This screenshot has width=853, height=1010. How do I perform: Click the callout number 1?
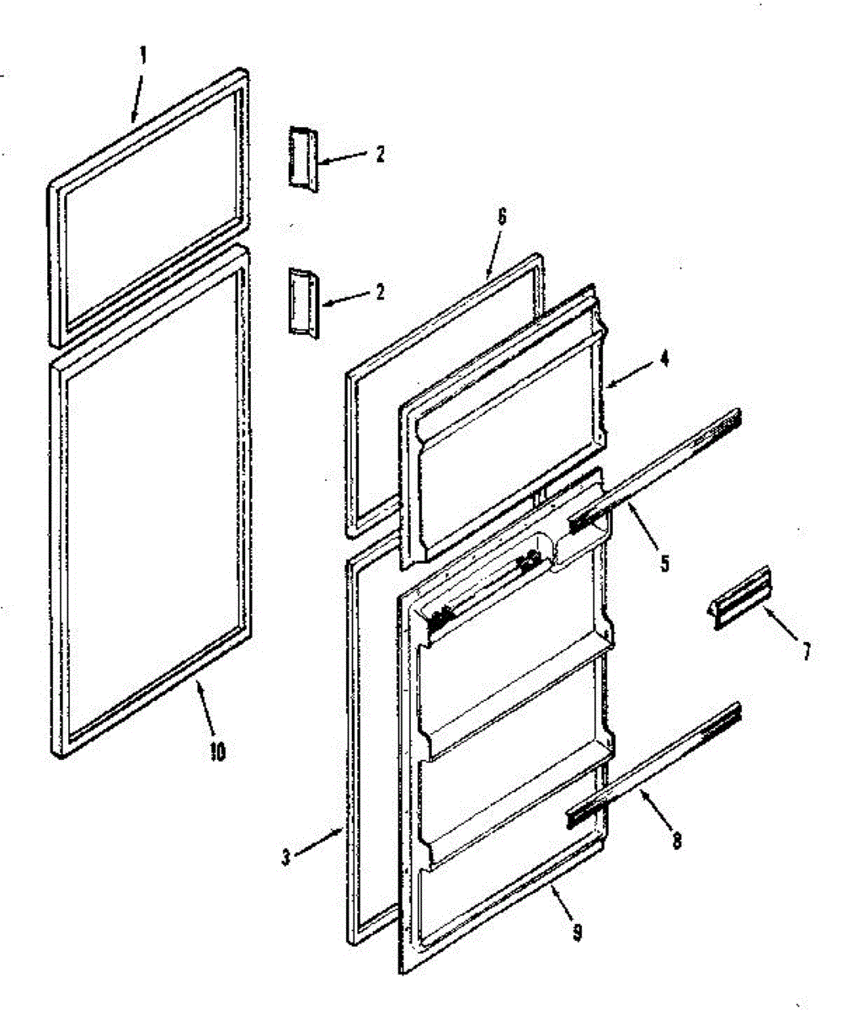click(142, 55)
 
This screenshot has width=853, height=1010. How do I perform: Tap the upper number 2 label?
click(380, 154)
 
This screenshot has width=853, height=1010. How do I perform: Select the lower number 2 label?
click(380, 292)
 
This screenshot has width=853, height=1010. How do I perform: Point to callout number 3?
click(286, 858)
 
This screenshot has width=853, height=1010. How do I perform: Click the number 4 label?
click(664, 359)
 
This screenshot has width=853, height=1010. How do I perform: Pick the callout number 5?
click(501, 215)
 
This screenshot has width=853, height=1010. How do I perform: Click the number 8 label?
click(577, 933)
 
